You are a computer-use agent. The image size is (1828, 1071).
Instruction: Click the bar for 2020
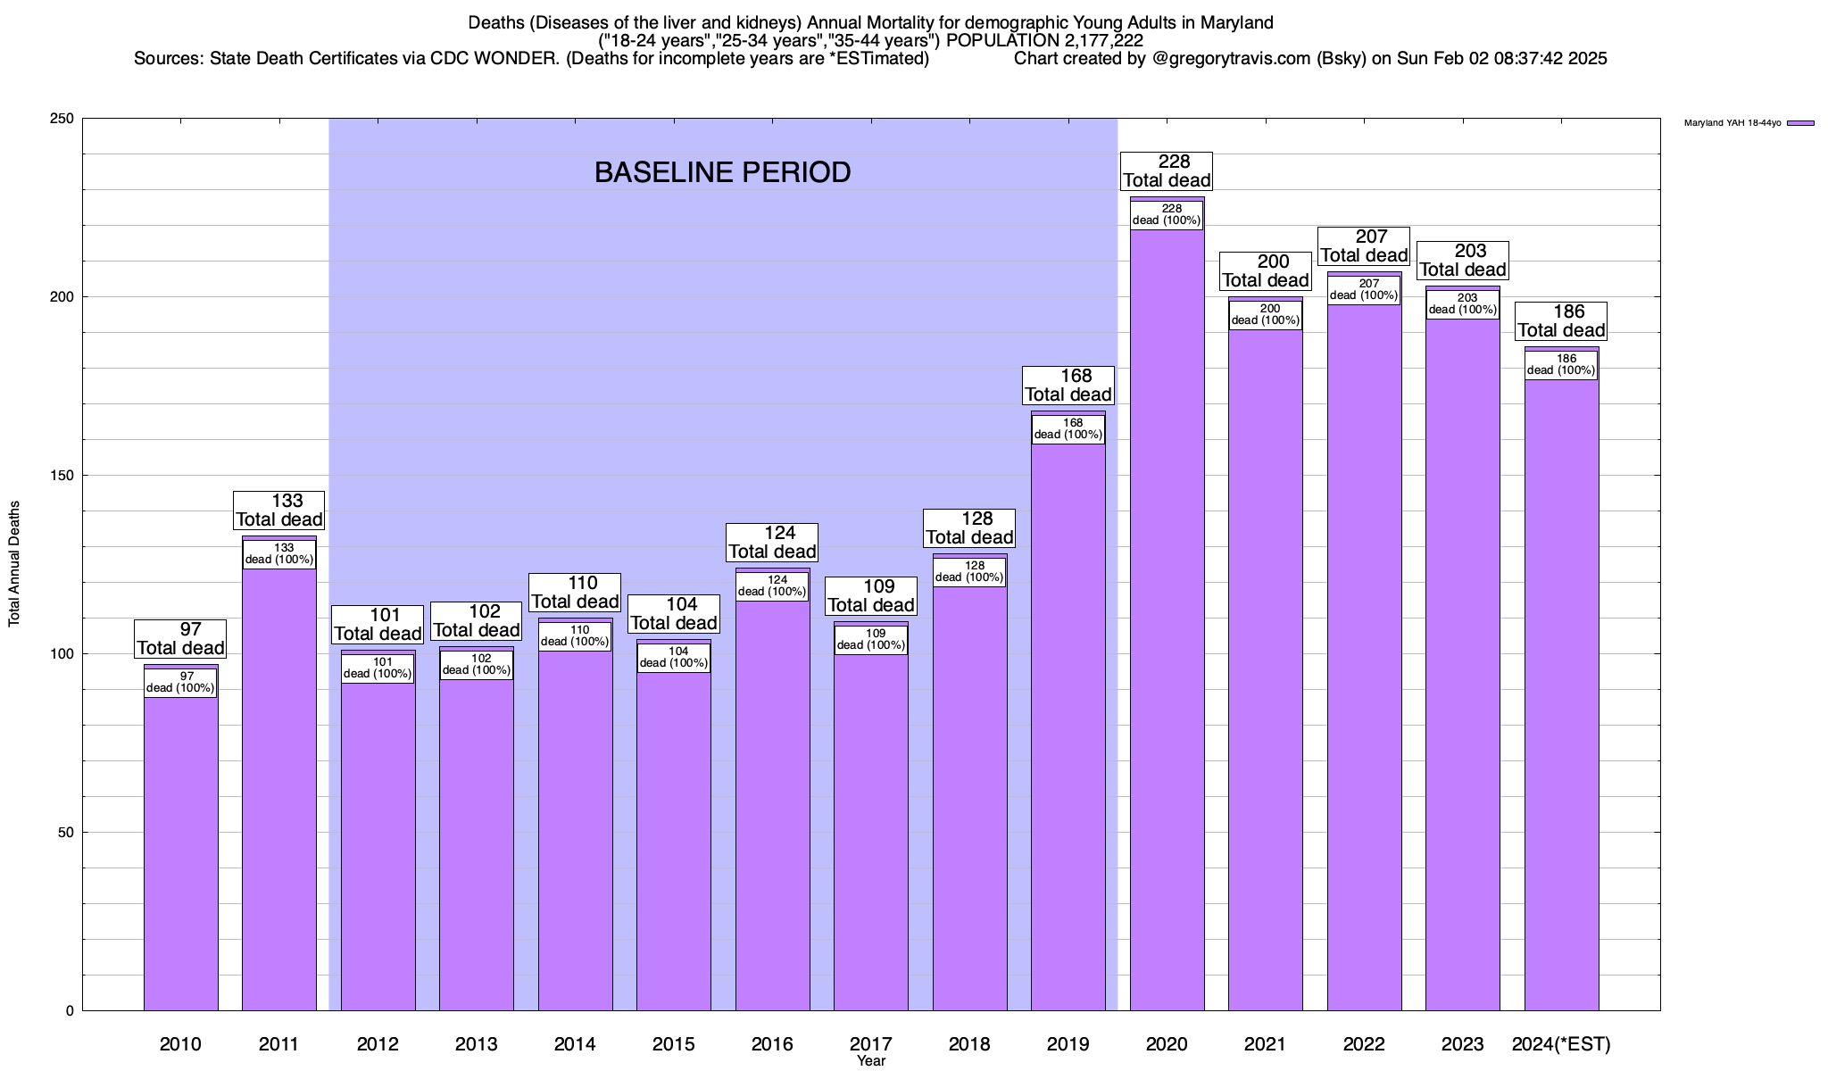pyautogui.click(x=1167, y=625)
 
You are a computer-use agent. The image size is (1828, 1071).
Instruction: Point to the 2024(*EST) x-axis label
pyautogui.click(x=1561, y=1044)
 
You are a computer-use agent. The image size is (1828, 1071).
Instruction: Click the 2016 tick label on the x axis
pyautogui.click(x=772, y=1044)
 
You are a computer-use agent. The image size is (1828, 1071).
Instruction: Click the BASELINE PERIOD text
pyautogui.click(x=722, y=172)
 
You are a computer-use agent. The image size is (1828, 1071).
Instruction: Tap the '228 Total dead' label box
pyautogui.click(x=1167, y=170)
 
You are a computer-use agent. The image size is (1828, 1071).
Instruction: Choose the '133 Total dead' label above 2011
pyautogui.click(x=279, y=510)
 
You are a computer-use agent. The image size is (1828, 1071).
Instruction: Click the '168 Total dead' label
pyautogui.click(x=1068, y=385)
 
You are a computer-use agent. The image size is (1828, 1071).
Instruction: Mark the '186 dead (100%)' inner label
pyautogui.click(x=1561, y=364)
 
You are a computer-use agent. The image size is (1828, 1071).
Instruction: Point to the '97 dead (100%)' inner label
pyautogui.click(x=180, y=682)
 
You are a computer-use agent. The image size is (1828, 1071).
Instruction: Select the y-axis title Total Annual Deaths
pyautogui.click(x=14, y=564)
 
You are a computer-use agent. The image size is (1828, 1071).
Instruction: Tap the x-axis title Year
pyautogui.click(x=871, y=1061)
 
